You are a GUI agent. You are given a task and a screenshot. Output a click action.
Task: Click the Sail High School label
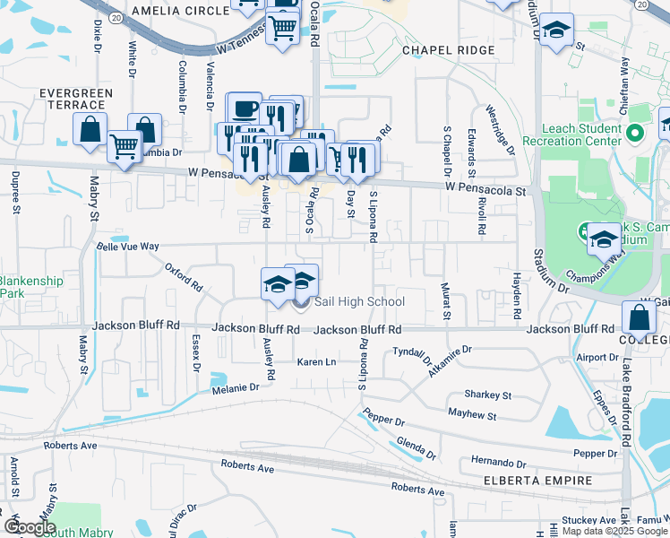tap(359, 302)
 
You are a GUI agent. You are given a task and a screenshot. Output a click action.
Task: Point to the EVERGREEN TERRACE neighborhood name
tap(75, 99)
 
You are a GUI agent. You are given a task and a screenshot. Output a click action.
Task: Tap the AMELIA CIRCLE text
tap(180, 12)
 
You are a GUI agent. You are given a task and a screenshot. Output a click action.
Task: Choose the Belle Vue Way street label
tap(127, 246)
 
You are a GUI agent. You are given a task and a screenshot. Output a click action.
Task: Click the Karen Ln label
tap(316, 362)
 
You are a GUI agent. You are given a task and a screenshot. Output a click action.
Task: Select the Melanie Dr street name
tap(235, 387)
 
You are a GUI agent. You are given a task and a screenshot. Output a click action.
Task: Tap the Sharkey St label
tap(487, 395)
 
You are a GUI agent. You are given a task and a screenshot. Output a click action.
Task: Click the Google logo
tap(29, 527)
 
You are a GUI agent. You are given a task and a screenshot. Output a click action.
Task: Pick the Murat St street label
tap(446, 301)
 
